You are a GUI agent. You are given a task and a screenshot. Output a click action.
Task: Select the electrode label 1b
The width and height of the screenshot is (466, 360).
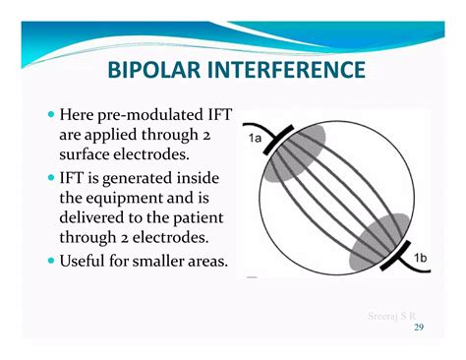coord(421,257)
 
